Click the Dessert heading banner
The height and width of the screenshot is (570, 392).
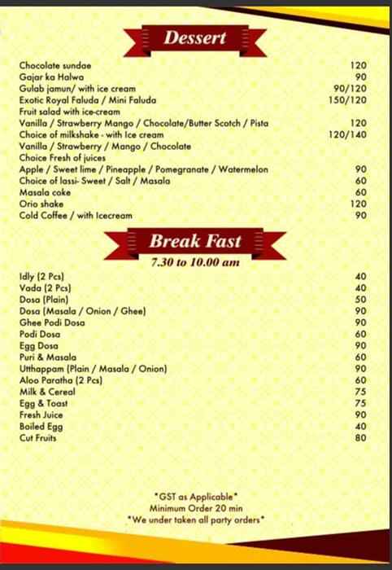(x=195, y=38)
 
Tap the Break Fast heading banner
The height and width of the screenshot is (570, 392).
(x=195, y=241)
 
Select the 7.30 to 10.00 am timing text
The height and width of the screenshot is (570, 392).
(x=195, y=262)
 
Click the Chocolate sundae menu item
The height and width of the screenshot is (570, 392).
(x=55, y=65)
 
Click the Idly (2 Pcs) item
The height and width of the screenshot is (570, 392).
(x=41, y=277)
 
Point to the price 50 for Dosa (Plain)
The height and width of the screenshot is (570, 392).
(x=361, y=300)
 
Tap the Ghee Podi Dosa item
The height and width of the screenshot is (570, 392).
(x=52, y=322)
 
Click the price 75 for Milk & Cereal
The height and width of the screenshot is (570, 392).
(x=361, y=392)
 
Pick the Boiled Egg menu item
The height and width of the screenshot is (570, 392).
(x=42, y=427)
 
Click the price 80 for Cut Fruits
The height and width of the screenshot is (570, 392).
(x=361, y=438)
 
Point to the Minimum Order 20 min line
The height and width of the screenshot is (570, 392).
(x=196, y=507)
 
